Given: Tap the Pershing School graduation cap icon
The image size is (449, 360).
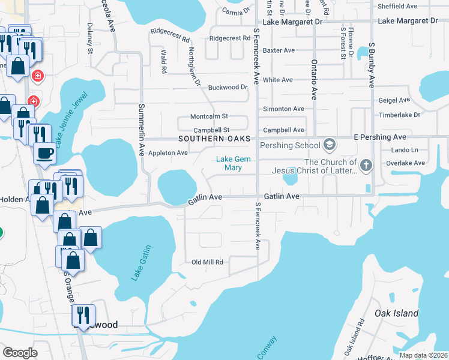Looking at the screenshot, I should click(x=328, y=145).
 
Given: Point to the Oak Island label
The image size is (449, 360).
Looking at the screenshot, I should click(x=396, y=313).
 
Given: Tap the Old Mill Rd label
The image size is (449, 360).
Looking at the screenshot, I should click(x=207, y=262).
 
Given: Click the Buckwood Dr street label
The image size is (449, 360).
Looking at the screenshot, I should click(x=228, y=87).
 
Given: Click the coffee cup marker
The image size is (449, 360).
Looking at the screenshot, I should click(x=45, y=154).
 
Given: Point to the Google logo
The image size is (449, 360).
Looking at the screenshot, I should click(x=20, y=353).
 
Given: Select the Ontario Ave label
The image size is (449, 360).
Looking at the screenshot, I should click(x=313, y=78).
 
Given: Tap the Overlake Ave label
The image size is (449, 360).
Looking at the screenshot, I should click(x=407, y=163).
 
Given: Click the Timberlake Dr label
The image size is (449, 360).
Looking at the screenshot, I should click(x=400, y=115).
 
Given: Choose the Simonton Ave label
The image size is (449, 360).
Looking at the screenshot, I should click(x=284, y=109).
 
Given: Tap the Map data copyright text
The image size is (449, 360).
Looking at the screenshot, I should click(x=424, y=355).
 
